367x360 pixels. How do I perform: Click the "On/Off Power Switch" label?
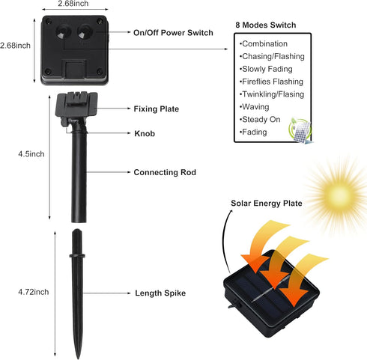(173, 33)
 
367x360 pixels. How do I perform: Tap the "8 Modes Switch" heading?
(266, 25)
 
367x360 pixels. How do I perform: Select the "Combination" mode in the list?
(264, 43)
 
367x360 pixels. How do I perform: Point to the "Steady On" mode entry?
(260, 120)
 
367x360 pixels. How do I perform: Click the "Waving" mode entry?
(255, 107)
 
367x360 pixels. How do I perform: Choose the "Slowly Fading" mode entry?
(266, 69)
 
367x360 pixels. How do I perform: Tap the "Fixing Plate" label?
(157, 109)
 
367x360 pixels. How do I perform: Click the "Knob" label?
(145, 133)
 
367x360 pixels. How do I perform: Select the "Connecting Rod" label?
(165, 172)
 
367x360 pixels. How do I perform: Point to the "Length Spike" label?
(160, 293)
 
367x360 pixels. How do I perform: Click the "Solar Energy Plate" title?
(267, 204)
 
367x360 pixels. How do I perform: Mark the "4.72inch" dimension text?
(34, 292)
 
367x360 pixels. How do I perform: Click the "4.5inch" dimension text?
(31, 154)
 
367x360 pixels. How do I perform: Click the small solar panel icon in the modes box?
(300, 131)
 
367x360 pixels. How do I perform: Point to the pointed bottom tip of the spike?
(78, 359)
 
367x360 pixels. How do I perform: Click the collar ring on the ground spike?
(77, 256)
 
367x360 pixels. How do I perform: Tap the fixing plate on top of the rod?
(76, 104)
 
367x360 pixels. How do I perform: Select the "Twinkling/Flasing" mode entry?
(272, 94)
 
